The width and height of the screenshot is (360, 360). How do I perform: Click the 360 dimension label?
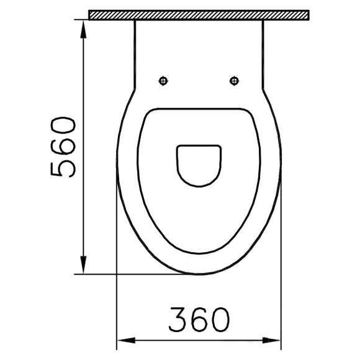[199, 320]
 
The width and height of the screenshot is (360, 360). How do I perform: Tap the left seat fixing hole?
[163, 81]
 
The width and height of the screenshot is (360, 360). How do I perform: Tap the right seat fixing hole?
[234, 81]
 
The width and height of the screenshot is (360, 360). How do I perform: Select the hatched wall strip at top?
[199, 15]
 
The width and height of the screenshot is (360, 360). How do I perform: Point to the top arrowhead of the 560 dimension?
[84, 29]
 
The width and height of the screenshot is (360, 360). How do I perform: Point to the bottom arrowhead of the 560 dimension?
[84, 264]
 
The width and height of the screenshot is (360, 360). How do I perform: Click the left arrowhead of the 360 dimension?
[126, 341]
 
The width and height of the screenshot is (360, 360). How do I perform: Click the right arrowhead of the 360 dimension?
[272, 341]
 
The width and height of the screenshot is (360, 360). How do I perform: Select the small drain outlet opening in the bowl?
[199, 166]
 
